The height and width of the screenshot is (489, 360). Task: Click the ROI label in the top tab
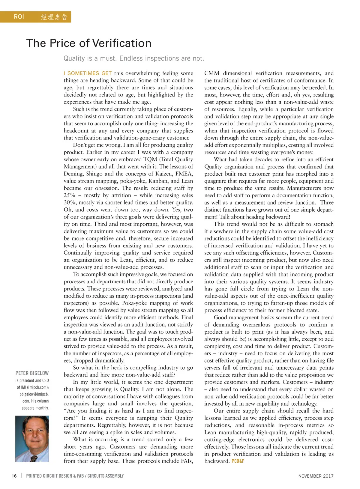pos(19,17)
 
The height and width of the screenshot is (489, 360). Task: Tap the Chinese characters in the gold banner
pos(54,17)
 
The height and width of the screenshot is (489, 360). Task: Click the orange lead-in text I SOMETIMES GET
pos(88,73)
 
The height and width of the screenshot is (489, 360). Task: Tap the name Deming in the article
pos(73,174)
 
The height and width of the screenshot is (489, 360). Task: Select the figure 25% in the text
pos(69,195)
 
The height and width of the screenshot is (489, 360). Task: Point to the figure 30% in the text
pos(69,203)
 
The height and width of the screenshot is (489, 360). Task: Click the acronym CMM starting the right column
pos(212,73)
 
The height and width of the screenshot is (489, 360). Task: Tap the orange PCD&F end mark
pos(238,461)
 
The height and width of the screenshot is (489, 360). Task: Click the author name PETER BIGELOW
pos(32,373)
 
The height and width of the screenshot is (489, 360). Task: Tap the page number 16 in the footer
pos(14,476)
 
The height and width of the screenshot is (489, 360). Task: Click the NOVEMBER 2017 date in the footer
pos(316,476)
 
